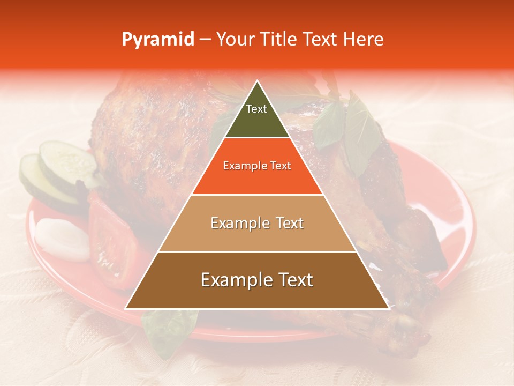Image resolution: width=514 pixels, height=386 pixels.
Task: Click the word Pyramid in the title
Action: click(x=158, y=40)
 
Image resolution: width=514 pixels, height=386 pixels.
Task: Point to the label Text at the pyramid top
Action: click(x=256, y=109)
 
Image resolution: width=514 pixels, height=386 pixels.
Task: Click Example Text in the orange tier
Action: click(x=257, y=166)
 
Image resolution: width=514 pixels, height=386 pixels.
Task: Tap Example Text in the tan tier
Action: click(x=257, y=223)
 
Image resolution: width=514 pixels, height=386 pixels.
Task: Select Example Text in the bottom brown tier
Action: click(x=257, y=280)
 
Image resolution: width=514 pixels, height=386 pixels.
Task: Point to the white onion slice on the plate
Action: click(x=62, y=239)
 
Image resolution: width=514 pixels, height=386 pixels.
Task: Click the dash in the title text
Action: click(x=205, y=40)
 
